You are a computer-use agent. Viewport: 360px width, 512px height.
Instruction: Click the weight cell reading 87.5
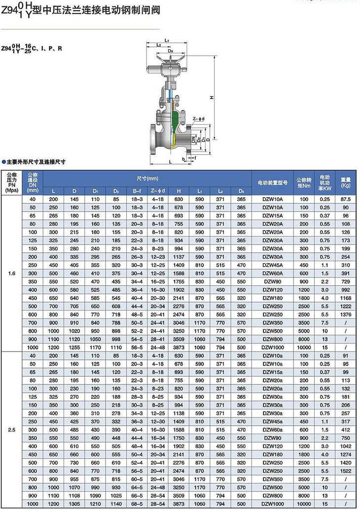(x=345, y=199)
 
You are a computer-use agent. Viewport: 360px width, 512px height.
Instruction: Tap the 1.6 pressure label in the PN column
(x=12, y=274)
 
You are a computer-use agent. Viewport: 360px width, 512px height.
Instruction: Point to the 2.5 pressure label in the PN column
(x=12, y=429)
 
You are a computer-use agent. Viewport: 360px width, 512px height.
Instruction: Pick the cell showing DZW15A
(x=272, y=216)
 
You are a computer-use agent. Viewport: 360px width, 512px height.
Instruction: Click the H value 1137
(x=179, y=257)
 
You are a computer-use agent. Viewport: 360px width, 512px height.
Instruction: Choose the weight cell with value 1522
(x=345, y=471)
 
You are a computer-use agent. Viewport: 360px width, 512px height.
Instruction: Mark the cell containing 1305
(x=74, y=504)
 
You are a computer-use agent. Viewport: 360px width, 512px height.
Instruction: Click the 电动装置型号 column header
(x=272, y=182)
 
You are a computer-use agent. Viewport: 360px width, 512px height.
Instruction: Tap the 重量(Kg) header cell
(x=345, y=182)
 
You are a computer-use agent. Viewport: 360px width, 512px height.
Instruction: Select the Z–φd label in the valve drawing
(x=198, y=118)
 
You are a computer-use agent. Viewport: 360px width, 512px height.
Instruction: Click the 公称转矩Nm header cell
(x=304, y=182)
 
